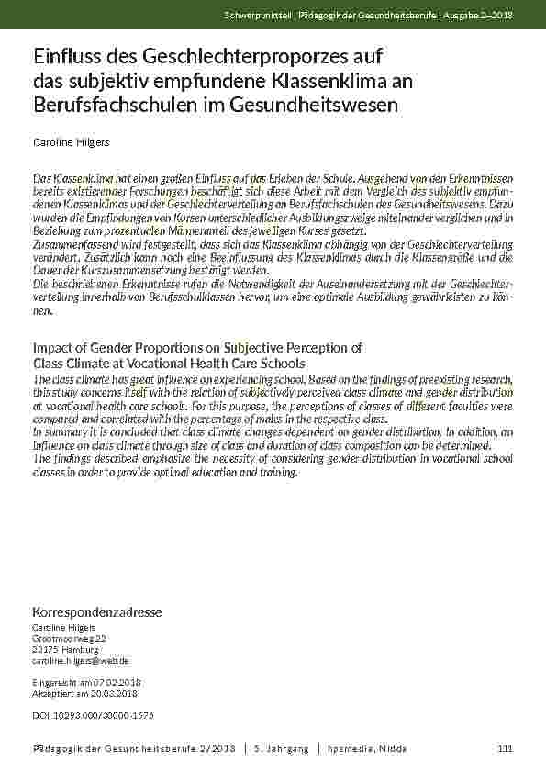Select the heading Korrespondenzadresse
[97, 611]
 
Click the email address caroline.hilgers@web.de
[81, 660]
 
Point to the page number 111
[505, 749]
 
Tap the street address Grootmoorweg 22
[70, 637]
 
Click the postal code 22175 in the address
[47, 648]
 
